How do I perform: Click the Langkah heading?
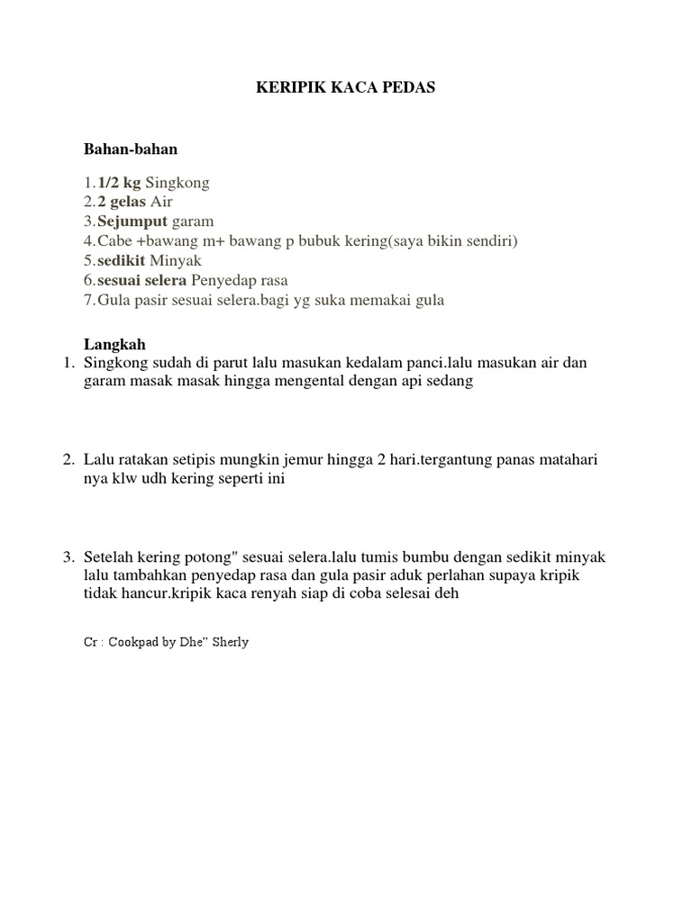point(114,345)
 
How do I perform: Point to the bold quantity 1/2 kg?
point(119,183)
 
